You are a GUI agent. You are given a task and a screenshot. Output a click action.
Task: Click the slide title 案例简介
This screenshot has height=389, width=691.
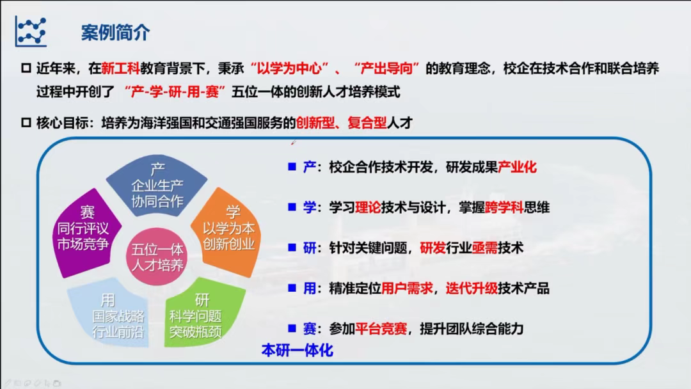(115, 33)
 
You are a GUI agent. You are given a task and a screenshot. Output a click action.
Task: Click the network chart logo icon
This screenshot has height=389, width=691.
(31, 31)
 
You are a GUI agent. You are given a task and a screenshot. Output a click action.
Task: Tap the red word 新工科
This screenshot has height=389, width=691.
(120, 68)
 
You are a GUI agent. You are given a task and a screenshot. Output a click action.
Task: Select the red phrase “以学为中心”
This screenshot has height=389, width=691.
(290, 68)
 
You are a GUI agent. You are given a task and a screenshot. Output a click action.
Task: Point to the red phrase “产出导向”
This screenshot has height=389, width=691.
(386, 68)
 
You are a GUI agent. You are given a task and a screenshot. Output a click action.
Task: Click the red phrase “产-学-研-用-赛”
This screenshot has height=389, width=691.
(175, 91)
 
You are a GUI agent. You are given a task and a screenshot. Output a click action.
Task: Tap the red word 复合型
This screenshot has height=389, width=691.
(367, 122)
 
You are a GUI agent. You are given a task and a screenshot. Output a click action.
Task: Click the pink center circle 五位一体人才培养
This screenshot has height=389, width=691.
(157, 257)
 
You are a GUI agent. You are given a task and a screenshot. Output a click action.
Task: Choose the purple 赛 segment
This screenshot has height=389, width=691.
(86, 232)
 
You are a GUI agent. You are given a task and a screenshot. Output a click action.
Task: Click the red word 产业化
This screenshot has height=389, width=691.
(517, 168)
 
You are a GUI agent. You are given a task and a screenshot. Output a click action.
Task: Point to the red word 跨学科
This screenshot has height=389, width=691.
(504, 207)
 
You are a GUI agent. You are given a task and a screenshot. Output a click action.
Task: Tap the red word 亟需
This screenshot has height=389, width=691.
(485, 248)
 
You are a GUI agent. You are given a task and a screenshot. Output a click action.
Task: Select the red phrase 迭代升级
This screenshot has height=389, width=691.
(472, 289)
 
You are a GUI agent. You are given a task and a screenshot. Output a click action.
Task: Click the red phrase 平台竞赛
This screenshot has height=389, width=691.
(381, 329)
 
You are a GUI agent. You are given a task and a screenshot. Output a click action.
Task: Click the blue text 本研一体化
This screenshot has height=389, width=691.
(298, 350)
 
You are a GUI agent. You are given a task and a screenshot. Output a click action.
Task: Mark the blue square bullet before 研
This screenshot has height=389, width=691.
(292, 248)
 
